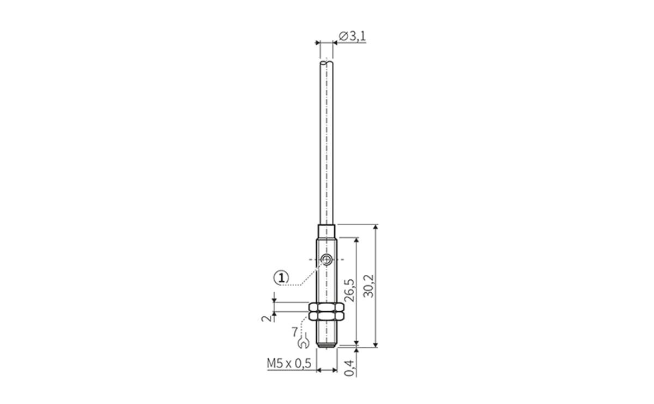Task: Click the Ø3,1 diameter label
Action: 352,37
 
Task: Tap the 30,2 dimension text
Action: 369,285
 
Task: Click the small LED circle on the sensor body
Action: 326,260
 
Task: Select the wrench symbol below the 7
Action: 304,343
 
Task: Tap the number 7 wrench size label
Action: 295,331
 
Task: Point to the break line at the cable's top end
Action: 326,63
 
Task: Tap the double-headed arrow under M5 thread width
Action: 326,370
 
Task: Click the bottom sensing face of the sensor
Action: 326,346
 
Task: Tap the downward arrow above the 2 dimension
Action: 275,299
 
